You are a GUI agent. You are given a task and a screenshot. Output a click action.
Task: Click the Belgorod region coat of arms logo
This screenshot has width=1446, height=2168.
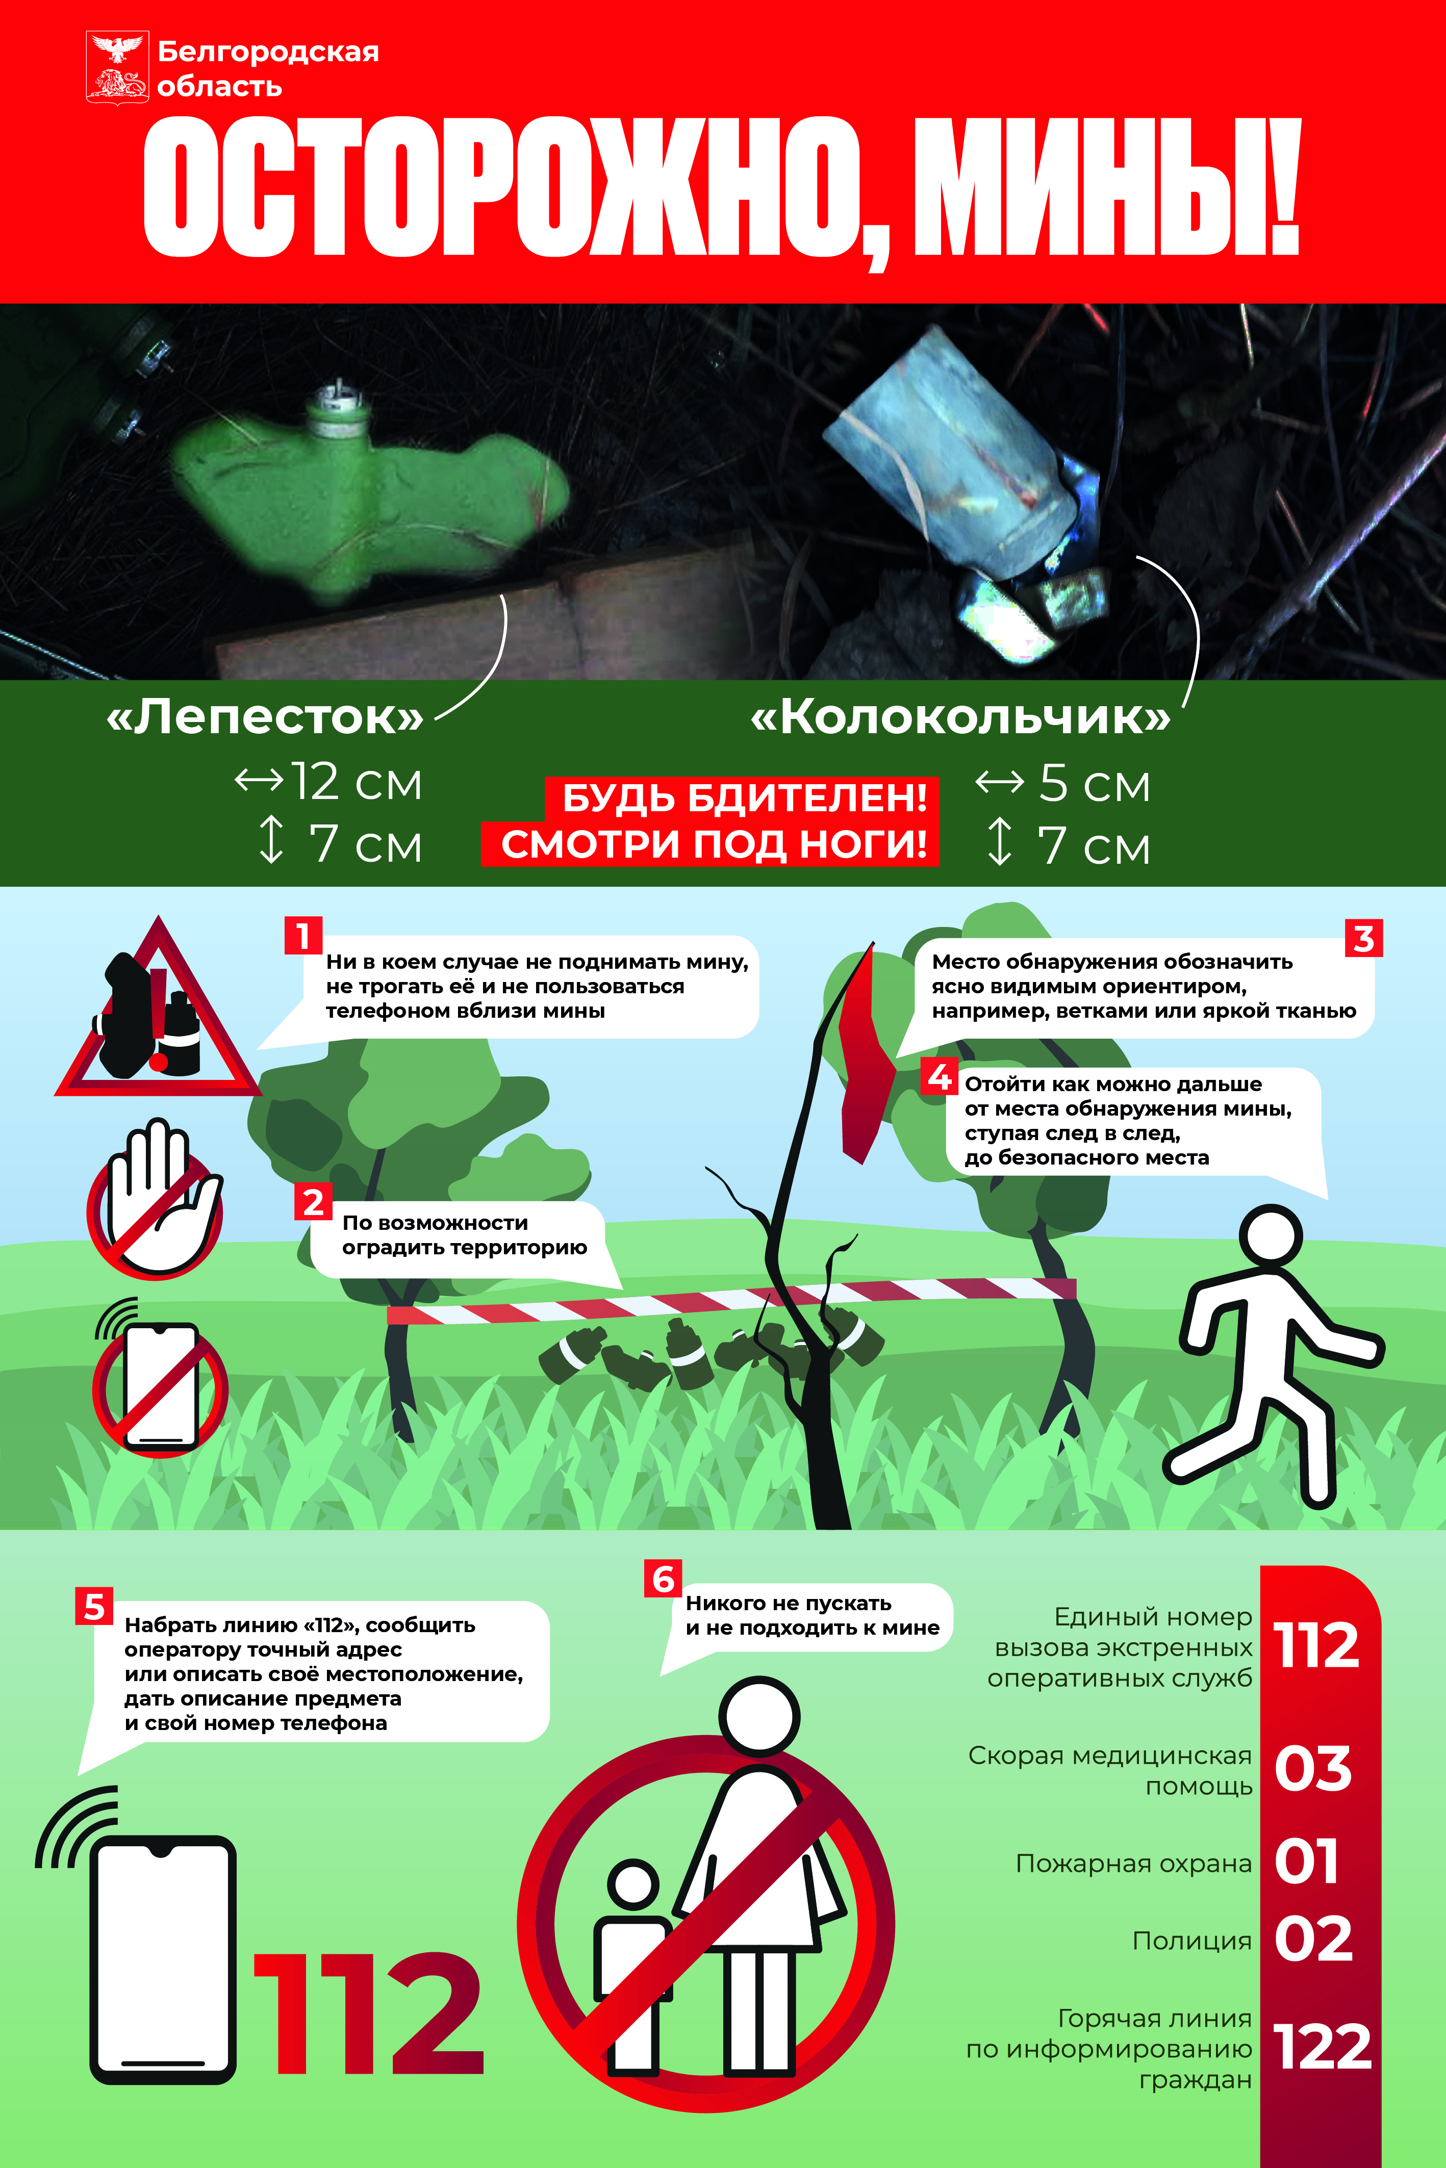[117, 67]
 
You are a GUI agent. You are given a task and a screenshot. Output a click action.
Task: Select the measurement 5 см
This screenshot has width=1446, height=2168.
[1095, 784]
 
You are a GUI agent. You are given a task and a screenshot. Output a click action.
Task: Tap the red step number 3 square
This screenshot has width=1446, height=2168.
[1363, 938]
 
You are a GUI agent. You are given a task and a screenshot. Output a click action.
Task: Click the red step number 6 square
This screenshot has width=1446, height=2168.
[663, 1579]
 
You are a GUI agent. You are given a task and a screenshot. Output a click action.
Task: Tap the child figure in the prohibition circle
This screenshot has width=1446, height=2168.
[632, 1964]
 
